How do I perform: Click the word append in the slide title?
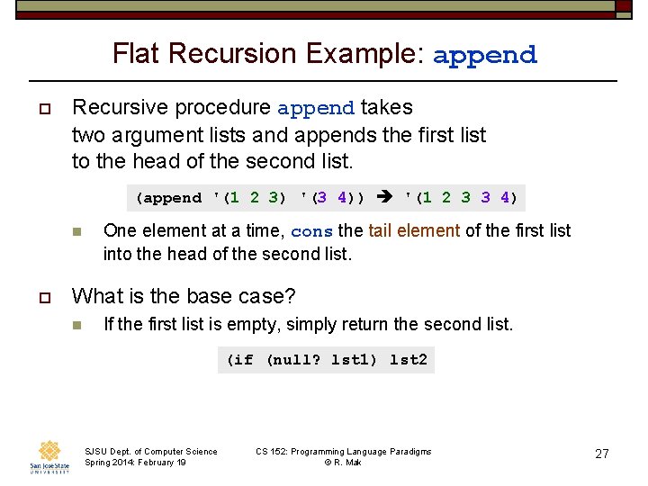pos(485,55)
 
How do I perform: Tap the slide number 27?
pos(602,454)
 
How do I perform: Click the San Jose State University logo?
pos(49,456)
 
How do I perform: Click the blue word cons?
pos(312,231)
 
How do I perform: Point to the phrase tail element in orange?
pos(414,230)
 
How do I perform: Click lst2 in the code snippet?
pos(409,360)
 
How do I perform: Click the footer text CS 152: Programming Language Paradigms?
pos(344,451)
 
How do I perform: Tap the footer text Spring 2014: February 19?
pos(135,463)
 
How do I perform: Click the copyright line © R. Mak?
pos(344,463)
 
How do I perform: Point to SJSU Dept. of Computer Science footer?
pos(150,451)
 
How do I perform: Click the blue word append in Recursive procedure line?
pos(316,109)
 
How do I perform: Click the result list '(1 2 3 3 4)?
pos(462,197)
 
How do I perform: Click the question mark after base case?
pos(290,296)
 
